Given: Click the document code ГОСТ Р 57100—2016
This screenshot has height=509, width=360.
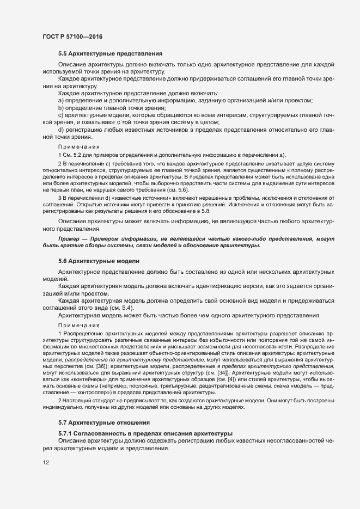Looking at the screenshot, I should coord(72,36).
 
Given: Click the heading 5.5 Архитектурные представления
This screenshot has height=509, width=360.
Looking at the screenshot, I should coord(110,54).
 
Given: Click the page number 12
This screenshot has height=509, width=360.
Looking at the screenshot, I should coord(46,463).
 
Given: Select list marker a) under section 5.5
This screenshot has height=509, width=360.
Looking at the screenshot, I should coord(61,101).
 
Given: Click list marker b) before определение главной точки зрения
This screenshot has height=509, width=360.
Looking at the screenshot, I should coord(61,108).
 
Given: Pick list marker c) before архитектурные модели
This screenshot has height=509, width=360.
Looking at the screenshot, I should coord(61,115).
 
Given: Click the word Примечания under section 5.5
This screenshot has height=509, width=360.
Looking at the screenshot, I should coord(79,147).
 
